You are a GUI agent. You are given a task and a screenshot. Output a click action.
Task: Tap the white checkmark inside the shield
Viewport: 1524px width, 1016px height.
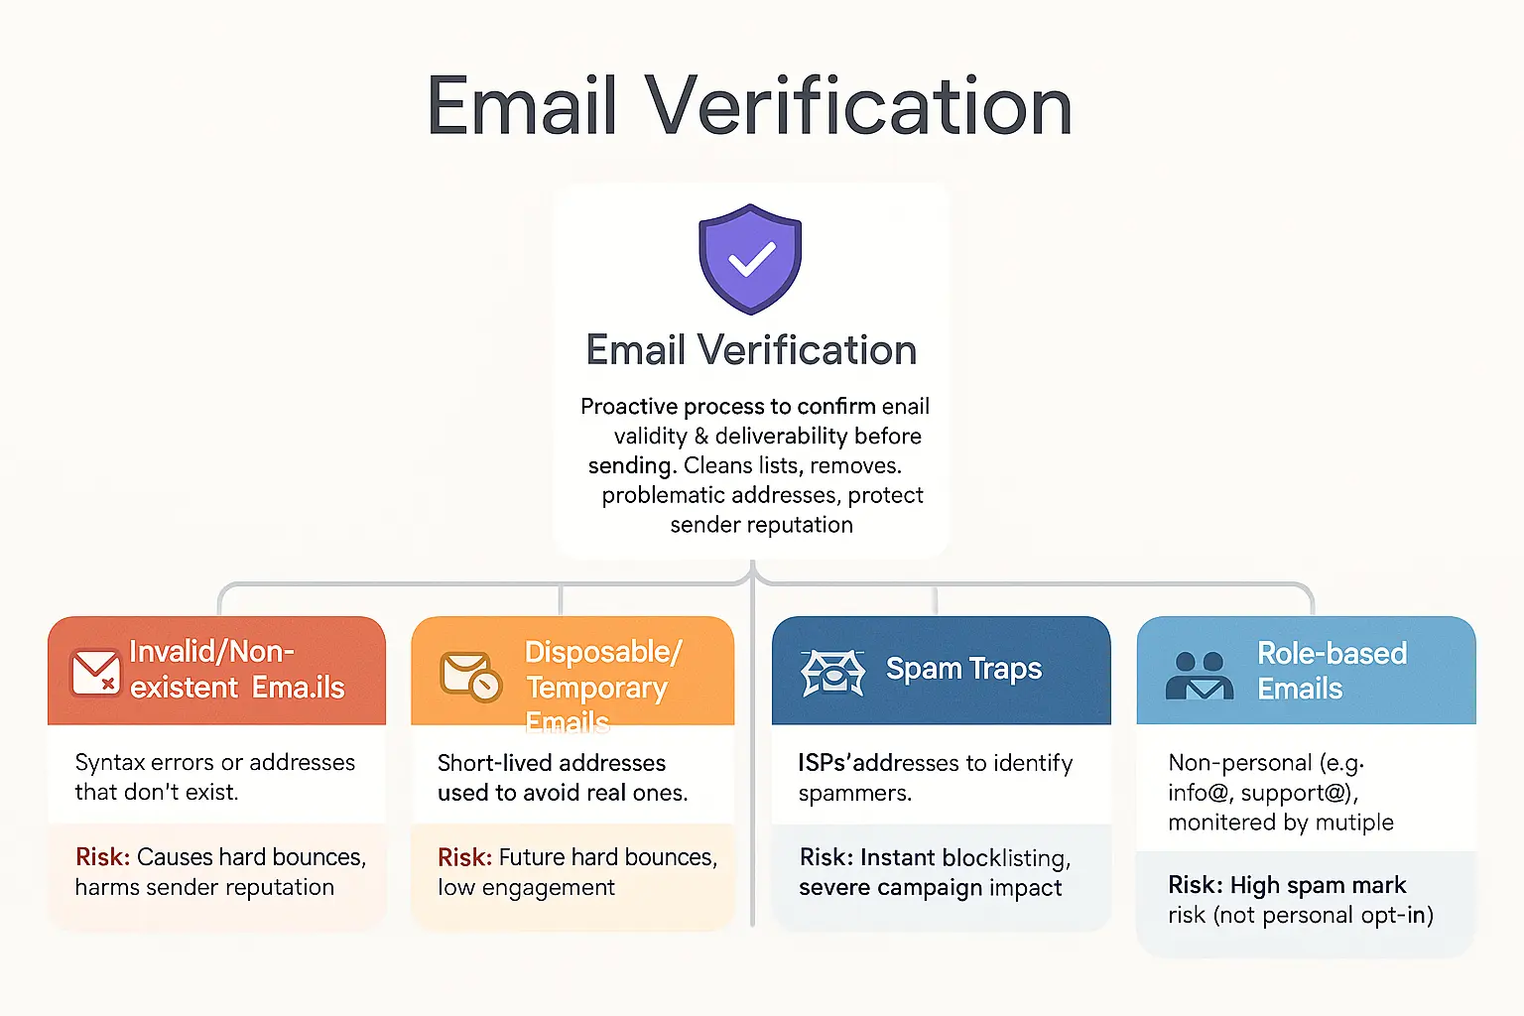pos(751,261)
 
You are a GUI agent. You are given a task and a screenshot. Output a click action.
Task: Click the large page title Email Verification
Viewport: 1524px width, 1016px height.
pos(750,106)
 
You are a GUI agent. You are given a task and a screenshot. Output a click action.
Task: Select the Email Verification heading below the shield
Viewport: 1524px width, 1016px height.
pos(751,350)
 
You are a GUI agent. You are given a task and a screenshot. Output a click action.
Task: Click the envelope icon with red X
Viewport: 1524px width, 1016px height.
pos(96,672)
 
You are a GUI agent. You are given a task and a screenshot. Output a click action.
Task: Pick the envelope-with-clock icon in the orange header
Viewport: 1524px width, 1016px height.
pos(470,676)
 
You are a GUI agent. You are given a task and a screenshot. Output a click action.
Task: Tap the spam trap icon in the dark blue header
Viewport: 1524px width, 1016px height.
pos(832,672)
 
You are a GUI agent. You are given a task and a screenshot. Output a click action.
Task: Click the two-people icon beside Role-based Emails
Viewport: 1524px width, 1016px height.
pos(1200,675)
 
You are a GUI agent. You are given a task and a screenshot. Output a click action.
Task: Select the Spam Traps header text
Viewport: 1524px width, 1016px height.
pos(963,670)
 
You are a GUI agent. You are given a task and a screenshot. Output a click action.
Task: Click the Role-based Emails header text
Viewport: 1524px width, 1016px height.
pos(1332,671)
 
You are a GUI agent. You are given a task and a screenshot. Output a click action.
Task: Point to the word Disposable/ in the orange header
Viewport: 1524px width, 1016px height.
pos(603,652)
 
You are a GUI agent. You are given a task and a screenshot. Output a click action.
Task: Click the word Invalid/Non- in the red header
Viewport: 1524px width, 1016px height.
pos(211,652)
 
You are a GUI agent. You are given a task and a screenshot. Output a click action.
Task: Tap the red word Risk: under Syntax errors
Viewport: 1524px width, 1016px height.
pos(102,857)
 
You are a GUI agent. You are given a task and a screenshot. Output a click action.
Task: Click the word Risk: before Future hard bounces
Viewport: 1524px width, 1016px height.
pos(464,857)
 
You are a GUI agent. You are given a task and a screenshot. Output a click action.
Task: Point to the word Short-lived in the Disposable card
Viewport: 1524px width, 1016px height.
pos(486,763)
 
